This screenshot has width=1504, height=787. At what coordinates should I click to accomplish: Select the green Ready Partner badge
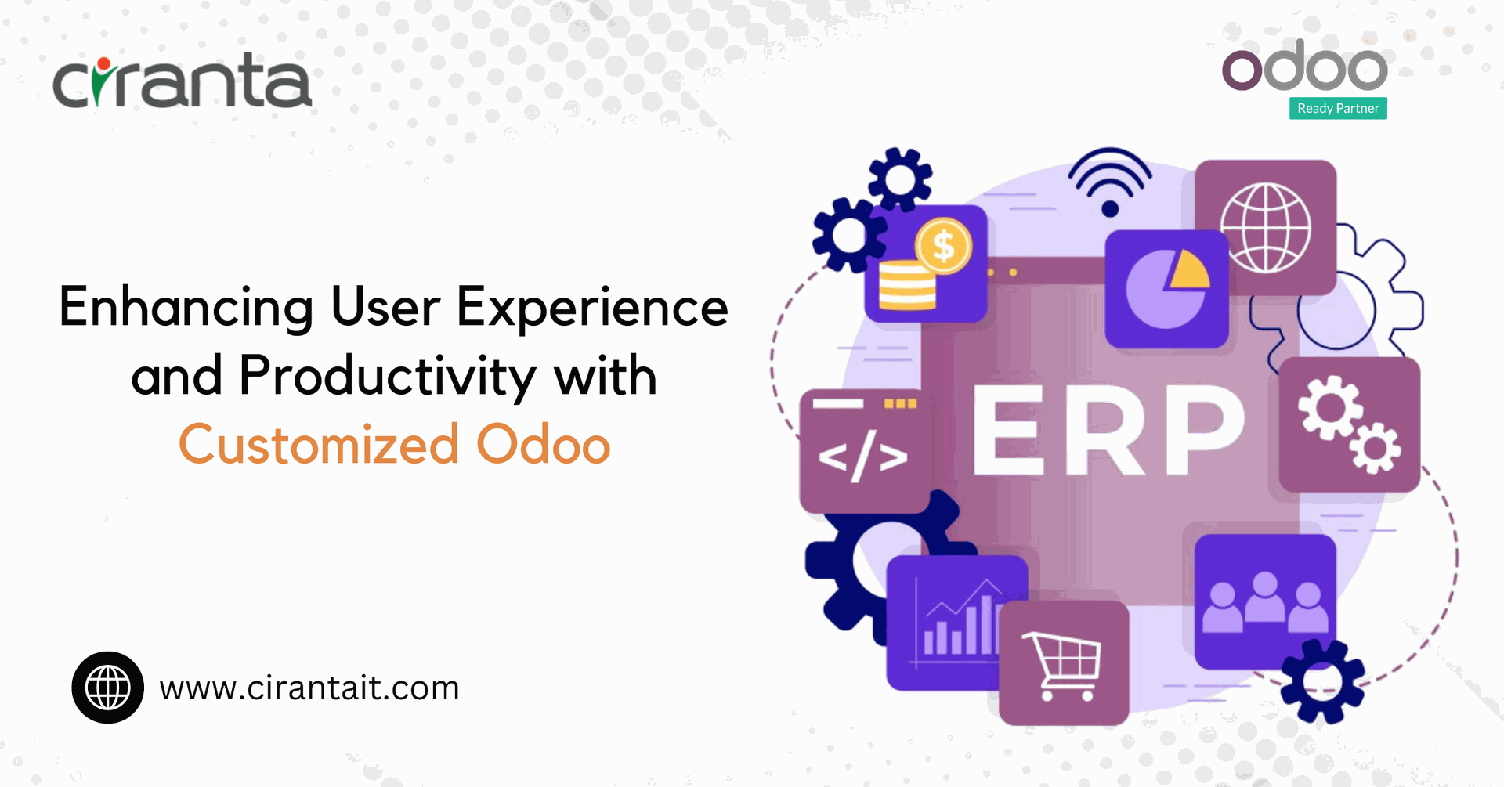[1338, 108]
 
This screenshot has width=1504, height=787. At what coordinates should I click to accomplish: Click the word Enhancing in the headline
[186, 308]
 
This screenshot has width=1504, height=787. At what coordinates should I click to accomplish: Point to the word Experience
[592, 308]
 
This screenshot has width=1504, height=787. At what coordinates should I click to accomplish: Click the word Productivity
[388, 376]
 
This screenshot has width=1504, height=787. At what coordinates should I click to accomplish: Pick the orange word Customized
[319, 444]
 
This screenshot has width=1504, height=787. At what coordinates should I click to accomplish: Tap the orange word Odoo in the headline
[544, 444]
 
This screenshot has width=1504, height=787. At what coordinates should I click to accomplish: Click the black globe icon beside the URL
[108, 688]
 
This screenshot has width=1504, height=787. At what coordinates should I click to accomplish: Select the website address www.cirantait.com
[309, 688]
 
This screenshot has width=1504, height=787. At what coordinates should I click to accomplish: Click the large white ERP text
[1108, 430]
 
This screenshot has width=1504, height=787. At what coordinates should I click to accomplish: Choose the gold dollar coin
[944, 246]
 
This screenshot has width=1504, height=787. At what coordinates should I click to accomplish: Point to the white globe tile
[1265, 227]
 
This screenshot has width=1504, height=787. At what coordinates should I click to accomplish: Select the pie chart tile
[1166, 289]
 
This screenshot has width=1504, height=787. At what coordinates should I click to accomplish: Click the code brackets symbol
[862, 457]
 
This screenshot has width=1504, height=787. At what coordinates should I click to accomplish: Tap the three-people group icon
[1265, 602]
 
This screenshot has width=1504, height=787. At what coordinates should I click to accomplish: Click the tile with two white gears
[1350, 424]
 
